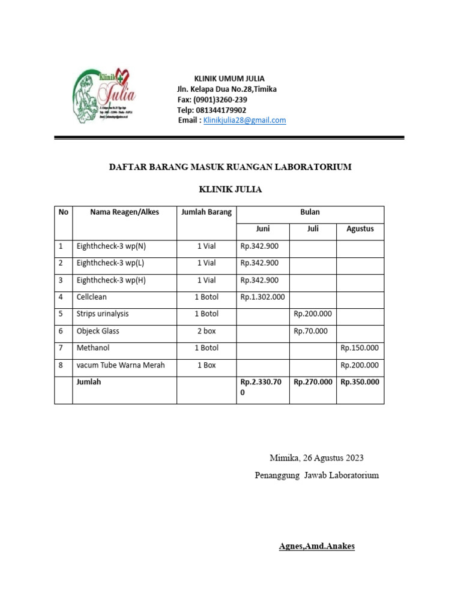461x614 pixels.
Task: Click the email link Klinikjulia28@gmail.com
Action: point(244,121)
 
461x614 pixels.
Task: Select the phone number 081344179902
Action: point(220,110)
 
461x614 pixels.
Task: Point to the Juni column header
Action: point(262,229)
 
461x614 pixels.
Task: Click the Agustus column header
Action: point(360,229)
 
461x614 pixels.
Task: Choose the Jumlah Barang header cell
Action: point(206,212)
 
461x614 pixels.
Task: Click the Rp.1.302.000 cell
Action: point(262,297)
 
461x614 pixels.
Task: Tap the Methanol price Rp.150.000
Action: point(360,348)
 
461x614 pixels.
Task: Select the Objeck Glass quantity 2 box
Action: point(206,331)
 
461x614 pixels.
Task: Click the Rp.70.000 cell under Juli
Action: point(311,331)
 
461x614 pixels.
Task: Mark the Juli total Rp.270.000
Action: point(312,382)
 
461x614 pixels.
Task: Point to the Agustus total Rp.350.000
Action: point(360,382)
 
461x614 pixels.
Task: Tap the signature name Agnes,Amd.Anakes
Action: point(316,546)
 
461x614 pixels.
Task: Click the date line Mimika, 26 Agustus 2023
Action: point(316,458)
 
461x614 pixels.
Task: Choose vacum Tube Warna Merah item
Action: point(120,365)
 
